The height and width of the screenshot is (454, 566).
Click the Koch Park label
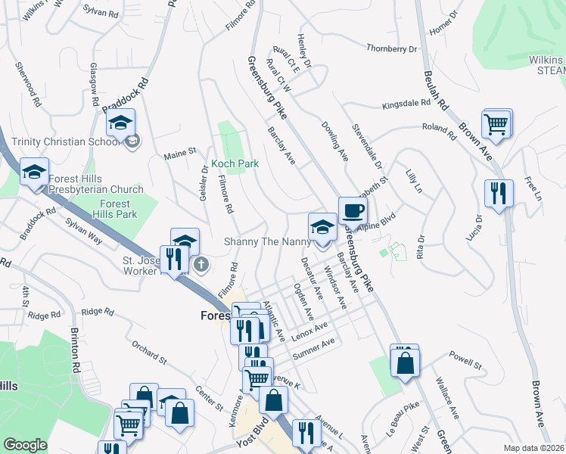tap(235, 163)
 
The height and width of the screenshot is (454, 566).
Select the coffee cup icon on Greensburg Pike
tap(352, 211)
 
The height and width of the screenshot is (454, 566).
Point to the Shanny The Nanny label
tap(267, 241)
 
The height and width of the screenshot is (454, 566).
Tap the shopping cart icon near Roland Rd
tap(496, 124)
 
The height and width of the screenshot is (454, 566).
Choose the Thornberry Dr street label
tap(392, 48)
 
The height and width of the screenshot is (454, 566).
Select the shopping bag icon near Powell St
tap(405, 361)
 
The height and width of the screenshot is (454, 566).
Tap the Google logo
tap(25, 445)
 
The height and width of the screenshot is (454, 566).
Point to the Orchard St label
tap(148, 351)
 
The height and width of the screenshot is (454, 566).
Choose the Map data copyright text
tap(533, 448)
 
